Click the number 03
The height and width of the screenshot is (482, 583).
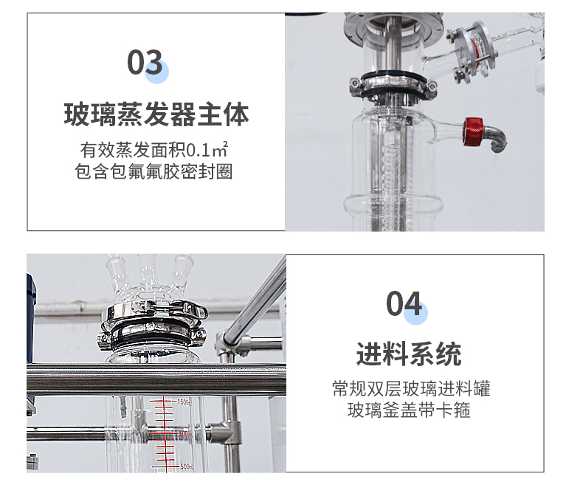145,62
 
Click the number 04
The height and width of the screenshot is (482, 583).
404,303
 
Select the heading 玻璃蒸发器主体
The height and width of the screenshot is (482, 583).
156,114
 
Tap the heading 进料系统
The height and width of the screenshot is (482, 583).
409,354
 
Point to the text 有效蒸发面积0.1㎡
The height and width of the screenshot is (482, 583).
154,150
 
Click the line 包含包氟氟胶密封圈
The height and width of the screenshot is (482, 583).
153,171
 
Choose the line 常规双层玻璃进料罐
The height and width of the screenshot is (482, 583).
411,388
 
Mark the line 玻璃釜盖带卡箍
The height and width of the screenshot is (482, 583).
409,410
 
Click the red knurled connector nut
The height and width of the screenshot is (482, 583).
473,131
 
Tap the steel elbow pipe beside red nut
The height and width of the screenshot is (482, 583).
496,137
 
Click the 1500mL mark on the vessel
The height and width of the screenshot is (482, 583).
184,402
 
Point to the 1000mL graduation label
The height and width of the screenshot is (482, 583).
184,434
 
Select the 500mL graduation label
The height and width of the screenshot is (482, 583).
186,466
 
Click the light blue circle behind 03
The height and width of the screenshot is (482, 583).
156,72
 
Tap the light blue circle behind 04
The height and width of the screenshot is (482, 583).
415,313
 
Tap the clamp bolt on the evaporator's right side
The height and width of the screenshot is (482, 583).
431,86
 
